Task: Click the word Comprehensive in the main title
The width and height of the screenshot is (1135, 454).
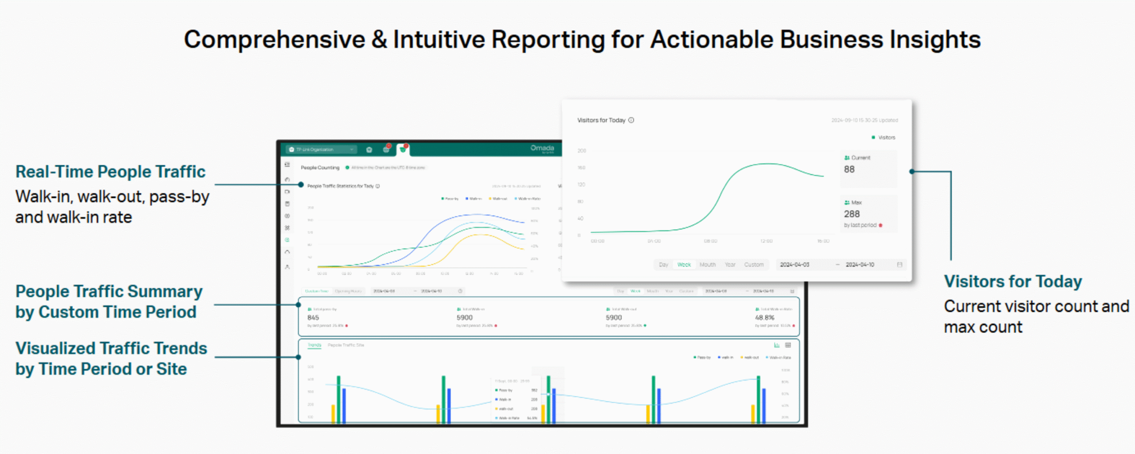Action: tap(274, 40)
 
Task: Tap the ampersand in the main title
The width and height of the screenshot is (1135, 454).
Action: tap(379, 40)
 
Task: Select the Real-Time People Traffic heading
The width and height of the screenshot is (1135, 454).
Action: tap(110, 172)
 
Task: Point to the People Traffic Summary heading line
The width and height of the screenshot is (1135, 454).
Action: tap(109, 292)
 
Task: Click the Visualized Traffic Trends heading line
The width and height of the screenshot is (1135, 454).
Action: tap(111, 348)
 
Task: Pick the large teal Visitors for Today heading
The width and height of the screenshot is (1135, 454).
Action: tap(1013, 282)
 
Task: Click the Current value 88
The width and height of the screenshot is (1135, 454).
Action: tap(849, 169)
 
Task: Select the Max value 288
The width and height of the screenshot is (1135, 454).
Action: tap(852, 214)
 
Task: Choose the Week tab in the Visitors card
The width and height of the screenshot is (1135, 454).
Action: tap(684, 265)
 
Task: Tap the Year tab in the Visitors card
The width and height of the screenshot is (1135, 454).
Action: tap(730, 265)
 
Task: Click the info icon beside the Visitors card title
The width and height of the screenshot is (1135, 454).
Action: tap(631, 120)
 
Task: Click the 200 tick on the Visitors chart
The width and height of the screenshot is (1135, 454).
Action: tap(582, 151)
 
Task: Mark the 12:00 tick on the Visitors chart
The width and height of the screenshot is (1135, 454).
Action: tap(766, 241)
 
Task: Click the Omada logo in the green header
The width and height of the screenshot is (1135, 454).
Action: tap(542, 148)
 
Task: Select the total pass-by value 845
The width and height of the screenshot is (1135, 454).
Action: tap(313, 317)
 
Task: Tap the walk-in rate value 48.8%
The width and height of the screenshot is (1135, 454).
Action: tap(765, 317)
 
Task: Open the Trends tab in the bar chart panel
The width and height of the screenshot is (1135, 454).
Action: tap(314, 345)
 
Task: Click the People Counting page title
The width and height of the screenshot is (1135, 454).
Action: tap(320, 168)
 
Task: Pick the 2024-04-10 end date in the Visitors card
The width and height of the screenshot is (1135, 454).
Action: tap(860, 265)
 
